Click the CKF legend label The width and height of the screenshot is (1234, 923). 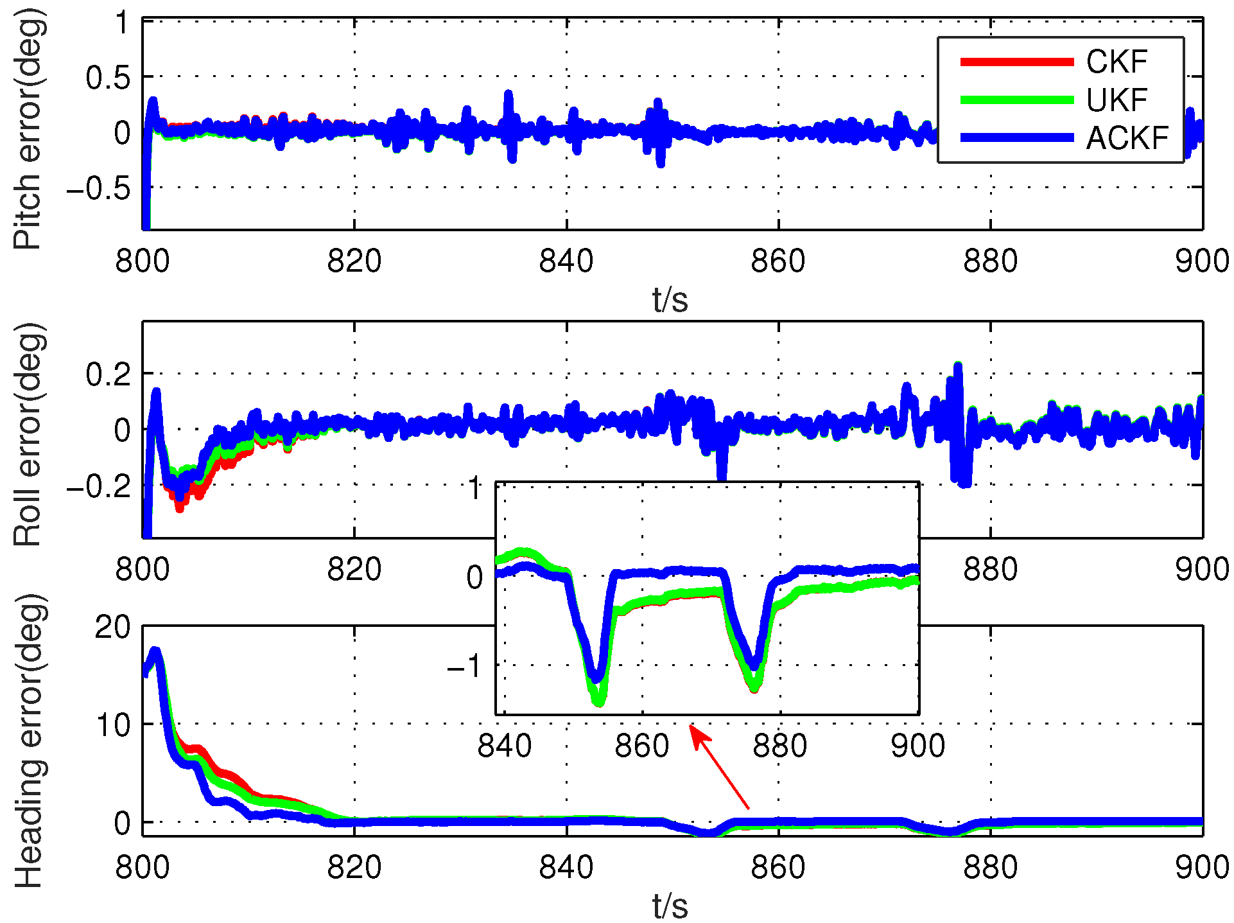pyautogui.click(x=1116, y=62)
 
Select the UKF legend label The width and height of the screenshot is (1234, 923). pyautogui.click(x=1116, y=100)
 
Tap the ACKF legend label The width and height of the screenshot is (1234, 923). pyautogui.click(x=1127, y=138)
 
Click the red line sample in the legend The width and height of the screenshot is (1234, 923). pyautogui.click(x=1016, y=62)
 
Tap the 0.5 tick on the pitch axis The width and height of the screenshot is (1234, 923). pyautogui.click(x=108, y=78)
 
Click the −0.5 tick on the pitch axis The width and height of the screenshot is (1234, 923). pyautogui.click(x=98, y=188)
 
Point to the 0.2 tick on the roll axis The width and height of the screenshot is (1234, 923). pyautogui.click(x=108, y=374)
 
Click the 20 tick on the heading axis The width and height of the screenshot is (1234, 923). pyautogui.click(x=112, y=627)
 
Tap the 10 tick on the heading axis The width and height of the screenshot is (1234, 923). pyautogui.click(x=112, y=725)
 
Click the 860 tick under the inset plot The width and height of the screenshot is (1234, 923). pyautogui.click(x=641, y=746)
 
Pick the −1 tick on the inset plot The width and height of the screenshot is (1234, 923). pyautogui.click(x=464, y=666)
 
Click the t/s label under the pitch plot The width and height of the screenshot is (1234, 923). pyautogui.click(x=670, y=299)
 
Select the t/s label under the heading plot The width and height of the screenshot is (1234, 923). pyautogui.click(x=670, y=906)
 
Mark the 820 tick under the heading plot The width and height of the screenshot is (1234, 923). pyautogui.click(x=354, y=868)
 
